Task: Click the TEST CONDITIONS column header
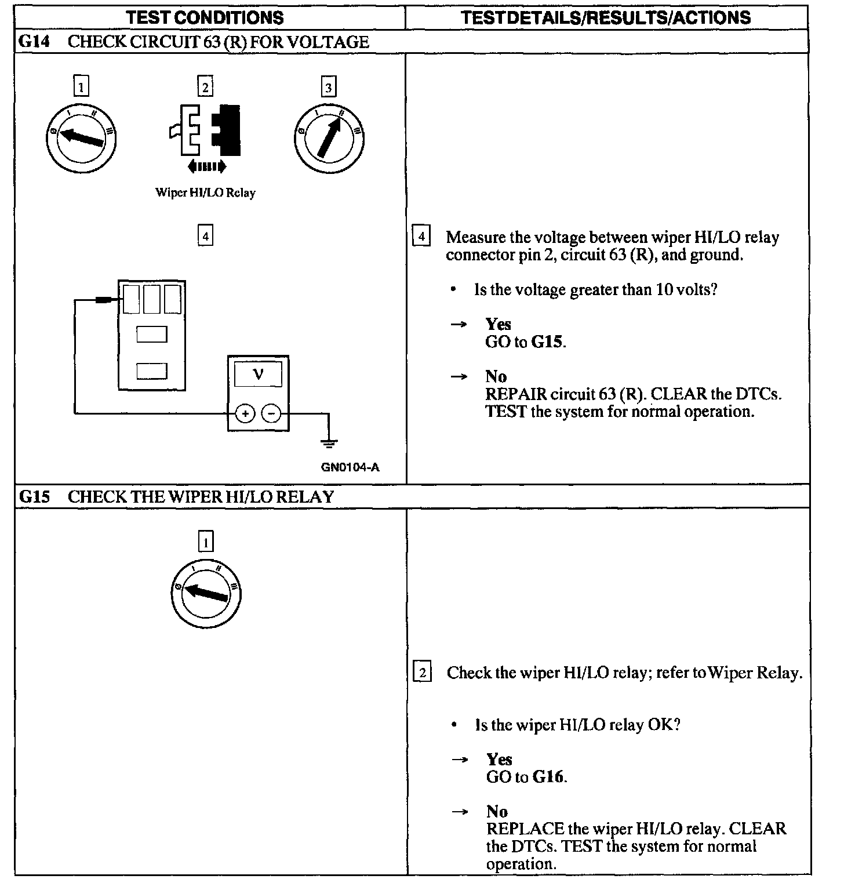pyautogui.click(x=205, y=17)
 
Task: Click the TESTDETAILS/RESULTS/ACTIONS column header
pyautogui.click(x=606, y=17)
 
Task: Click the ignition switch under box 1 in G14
pyautogui.click(x=81, y=138)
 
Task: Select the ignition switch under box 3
pyautogui.click(x=329, y=138)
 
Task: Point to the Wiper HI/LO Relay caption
pyautogui.click(x=205, y=192)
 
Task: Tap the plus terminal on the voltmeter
pyautogui.click(x=245, y=413)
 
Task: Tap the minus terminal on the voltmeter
pyautogui.click(x=271, y=413)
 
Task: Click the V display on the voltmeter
pyautogui.click(x=258, y=375)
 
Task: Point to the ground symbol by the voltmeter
pyautogui.click(x=329, y=443)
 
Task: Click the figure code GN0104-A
pyautogui.click(x=350, y=467)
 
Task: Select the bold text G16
pyautogui.click(x=548, y=777)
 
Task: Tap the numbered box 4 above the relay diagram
pyautogui.click(x=205, y=236)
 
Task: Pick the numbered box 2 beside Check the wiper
pyautogui.click(x=422, y=673)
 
